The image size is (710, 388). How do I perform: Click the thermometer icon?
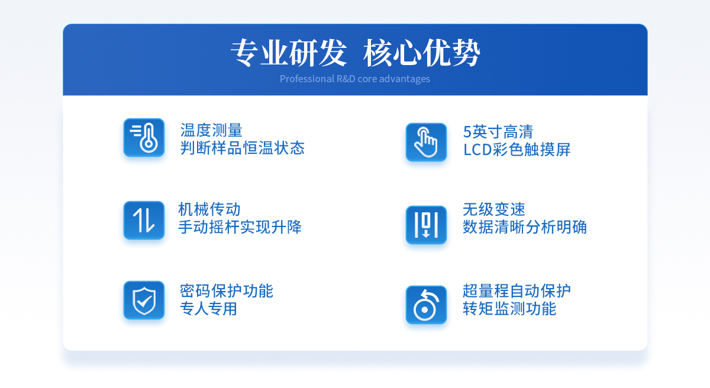[x=144, y=137]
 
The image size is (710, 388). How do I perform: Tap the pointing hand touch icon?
[x=427, y=142]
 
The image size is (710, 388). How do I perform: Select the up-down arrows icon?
[x=144, y=220]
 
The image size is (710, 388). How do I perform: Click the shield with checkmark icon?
[x=144, y=300]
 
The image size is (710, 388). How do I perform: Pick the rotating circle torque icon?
[x=427, y=305]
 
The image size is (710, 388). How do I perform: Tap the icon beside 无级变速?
[x=427, y=225]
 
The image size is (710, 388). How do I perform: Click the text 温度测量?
[x=211, y=130]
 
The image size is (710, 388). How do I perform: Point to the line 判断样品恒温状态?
[x=243, y=148]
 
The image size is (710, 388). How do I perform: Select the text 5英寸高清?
[x=498, y=132]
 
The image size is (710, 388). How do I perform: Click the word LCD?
[x=478, y=150]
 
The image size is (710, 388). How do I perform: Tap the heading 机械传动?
[x=209, y=209]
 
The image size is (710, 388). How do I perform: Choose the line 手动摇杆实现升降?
[x=240, y=227]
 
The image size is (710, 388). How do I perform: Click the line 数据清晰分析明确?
[x=525, y=227]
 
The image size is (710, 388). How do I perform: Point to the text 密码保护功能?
[x=226, y=291]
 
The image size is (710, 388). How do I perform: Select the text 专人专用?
[x=208, y=309]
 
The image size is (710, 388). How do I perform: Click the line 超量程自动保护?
[x=517, y=291]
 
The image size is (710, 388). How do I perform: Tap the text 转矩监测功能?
[x=509, y=309]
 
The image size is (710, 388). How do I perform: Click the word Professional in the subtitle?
[x=307, y=79]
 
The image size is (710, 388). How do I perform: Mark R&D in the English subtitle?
[x=346, y=79]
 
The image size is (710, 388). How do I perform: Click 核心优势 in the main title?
[x=421, y=53]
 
